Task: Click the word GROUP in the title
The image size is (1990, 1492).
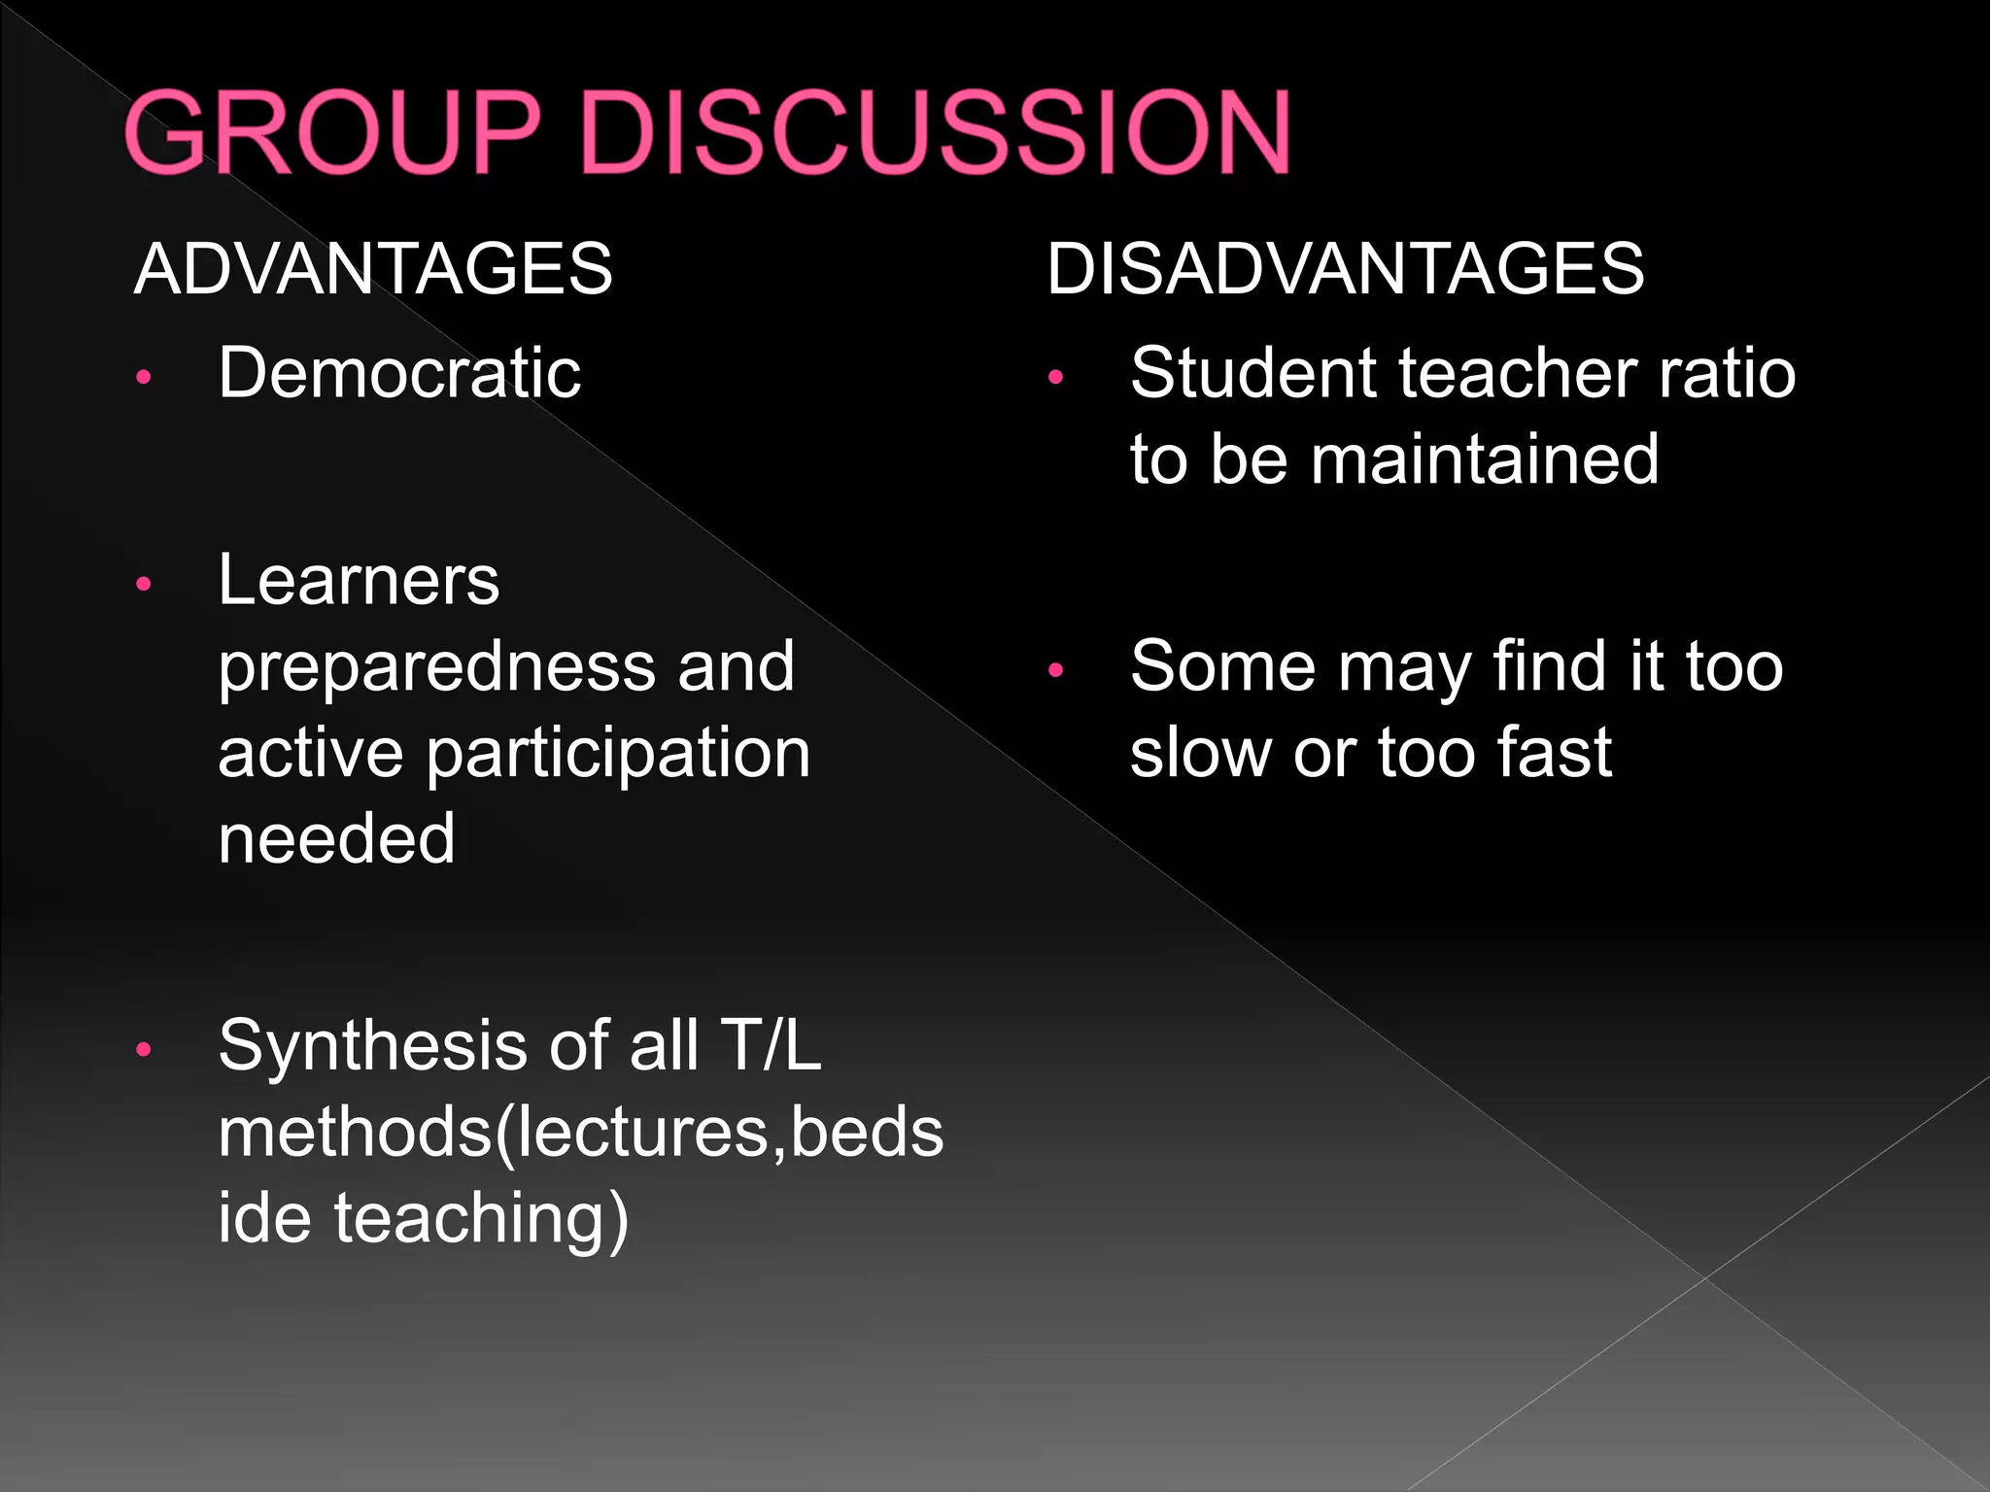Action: click(x=331, y=133)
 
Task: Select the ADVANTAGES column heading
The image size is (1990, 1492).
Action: click(x=373, y=269)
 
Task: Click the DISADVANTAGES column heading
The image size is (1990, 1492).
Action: click(x=1345, y=269)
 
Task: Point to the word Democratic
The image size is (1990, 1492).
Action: click(x=399, y=373)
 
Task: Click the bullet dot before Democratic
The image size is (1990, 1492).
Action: click(x=144, y=378)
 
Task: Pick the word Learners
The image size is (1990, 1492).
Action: click(x=359, y=580)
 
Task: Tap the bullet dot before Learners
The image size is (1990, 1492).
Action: click(x=144, y=584)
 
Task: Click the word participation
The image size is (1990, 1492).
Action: click(x=618, y=755)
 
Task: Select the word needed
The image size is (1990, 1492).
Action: click(x=336, y=838)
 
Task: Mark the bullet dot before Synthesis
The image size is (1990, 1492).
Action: click(x=144, y=1049)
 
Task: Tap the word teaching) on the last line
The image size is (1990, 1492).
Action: click(x=481, y=1220)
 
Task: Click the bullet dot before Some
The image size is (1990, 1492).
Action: click(x=1056, y=670)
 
